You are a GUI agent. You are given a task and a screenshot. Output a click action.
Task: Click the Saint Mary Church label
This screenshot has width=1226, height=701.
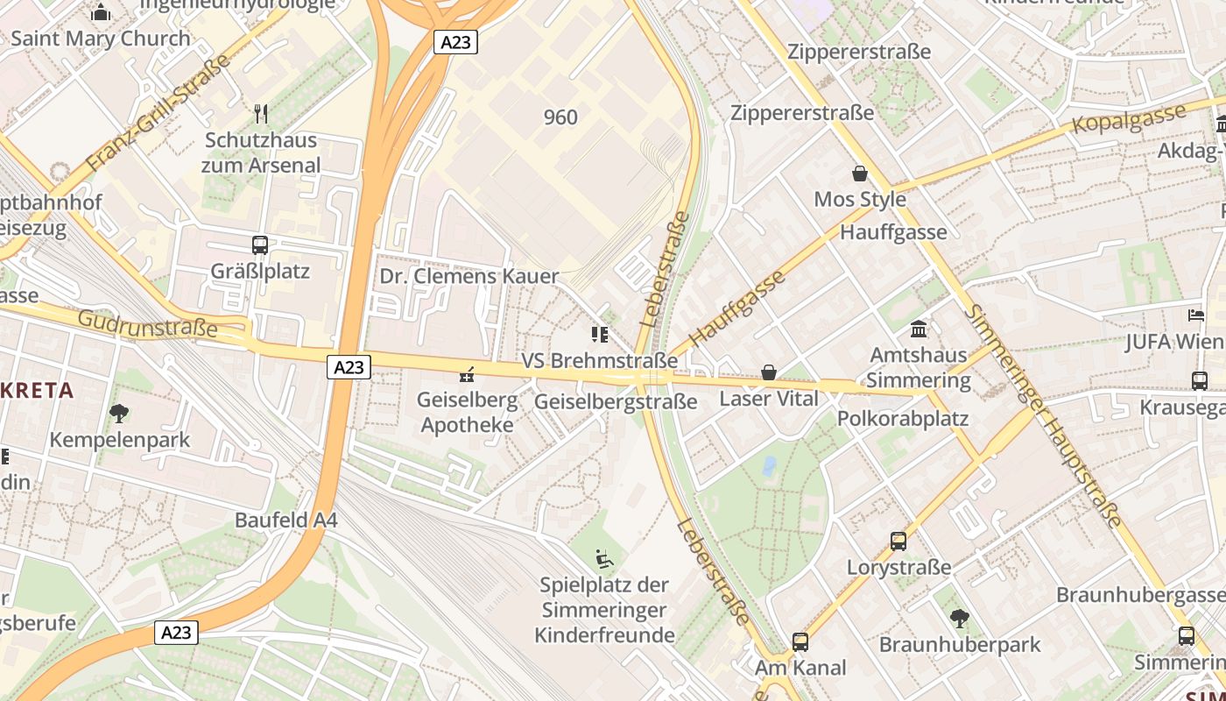pyautogui.click(x=100, y=39)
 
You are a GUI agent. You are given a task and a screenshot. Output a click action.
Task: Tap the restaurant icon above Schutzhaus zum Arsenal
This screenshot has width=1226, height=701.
pyautogui.click(x=260, y=113)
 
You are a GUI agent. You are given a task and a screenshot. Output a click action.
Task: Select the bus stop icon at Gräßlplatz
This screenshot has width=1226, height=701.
pyautogui.click(x=260, y=245)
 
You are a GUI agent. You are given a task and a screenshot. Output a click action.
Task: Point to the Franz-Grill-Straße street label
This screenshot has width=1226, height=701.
pyautogui.click(x=159, y=113)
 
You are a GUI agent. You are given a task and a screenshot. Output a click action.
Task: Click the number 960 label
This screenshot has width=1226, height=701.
pyautogui.click(x=560, y=117)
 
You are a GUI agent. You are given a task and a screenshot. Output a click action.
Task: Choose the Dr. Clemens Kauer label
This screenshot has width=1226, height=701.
pyautogui.click(x=469, y=276)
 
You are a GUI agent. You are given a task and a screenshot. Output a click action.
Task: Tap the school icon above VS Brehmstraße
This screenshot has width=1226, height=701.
pyautogui.click(x=599, y=334)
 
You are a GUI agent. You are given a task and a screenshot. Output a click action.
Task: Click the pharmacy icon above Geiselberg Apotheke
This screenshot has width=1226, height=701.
pyautogui.click(x=466, y=375)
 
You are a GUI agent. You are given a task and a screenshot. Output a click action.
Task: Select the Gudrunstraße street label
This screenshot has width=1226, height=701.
pyautogui.click(x=147, y=323)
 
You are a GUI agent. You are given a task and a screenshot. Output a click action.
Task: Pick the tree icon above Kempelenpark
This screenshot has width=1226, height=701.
pyautogui.click(x=119, y=413)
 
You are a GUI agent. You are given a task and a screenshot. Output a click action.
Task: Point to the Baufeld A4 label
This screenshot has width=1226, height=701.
pyautogui.click(x=285, y=520)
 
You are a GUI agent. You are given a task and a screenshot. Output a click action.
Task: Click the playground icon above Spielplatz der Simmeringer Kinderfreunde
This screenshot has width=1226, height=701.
pyautogui.click(x=604, y=558)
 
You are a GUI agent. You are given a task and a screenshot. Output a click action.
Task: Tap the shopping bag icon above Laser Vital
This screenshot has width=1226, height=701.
pyautogui.click(x=769, y=372)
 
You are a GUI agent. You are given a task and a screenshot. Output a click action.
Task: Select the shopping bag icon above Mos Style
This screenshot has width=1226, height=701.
pyautogui.click(x=860, y=173)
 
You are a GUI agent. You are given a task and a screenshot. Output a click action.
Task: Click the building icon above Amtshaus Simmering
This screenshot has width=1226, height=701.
pyautogui.click(x=919, y=329)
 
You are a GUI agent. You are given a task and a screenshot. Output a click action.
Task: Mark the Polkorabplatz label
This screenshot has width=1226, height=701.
pyautogui.click(x=903, y=418)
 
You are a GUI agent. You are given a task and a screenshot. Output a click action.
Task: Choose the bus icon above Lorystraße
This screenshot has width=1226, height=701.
pyautogui.click(x=898, y=542)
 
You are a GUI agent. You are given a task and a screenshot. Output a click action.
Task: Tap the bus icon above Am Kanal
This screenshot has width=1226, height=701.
pyautogui.click(x=800, y=641)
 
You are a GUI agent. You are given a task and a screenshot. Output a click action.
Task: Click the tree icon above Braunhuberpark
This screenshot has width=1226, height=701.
pyautogui.click(x=960, y=618)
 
